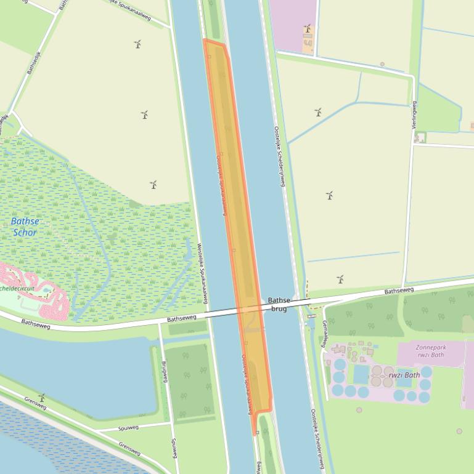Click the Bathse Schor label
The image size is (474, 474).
(x=25, y=227)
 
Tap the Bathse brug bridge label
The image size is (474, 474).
(x=279, y=304)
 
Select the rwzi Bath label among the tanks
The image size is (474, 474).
(x=404, y=374)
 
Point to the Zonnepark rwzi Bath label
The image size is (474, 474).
(x=430, y=351)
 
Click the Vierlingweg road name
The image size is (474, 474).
(x=414, y=114)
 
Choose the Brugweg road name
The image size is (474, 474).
(x=165, y=371)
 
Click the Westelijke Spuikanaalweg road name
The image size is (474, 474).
(x=202, y=273)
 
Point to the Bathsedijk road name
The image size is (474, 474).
(x=33, y=63)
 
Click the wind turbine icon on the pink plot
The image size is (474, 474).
(x=307, y=28)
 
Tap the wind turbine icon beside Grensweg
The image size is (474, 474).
(x=42, y=398)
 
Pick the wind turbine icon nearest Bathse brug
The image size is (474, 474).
(x=340, y=279)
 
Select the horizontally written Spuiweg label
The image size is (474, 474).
(x=128, y=427)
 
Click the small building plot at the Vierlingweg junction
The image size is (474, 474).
(x=420, y=137)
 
